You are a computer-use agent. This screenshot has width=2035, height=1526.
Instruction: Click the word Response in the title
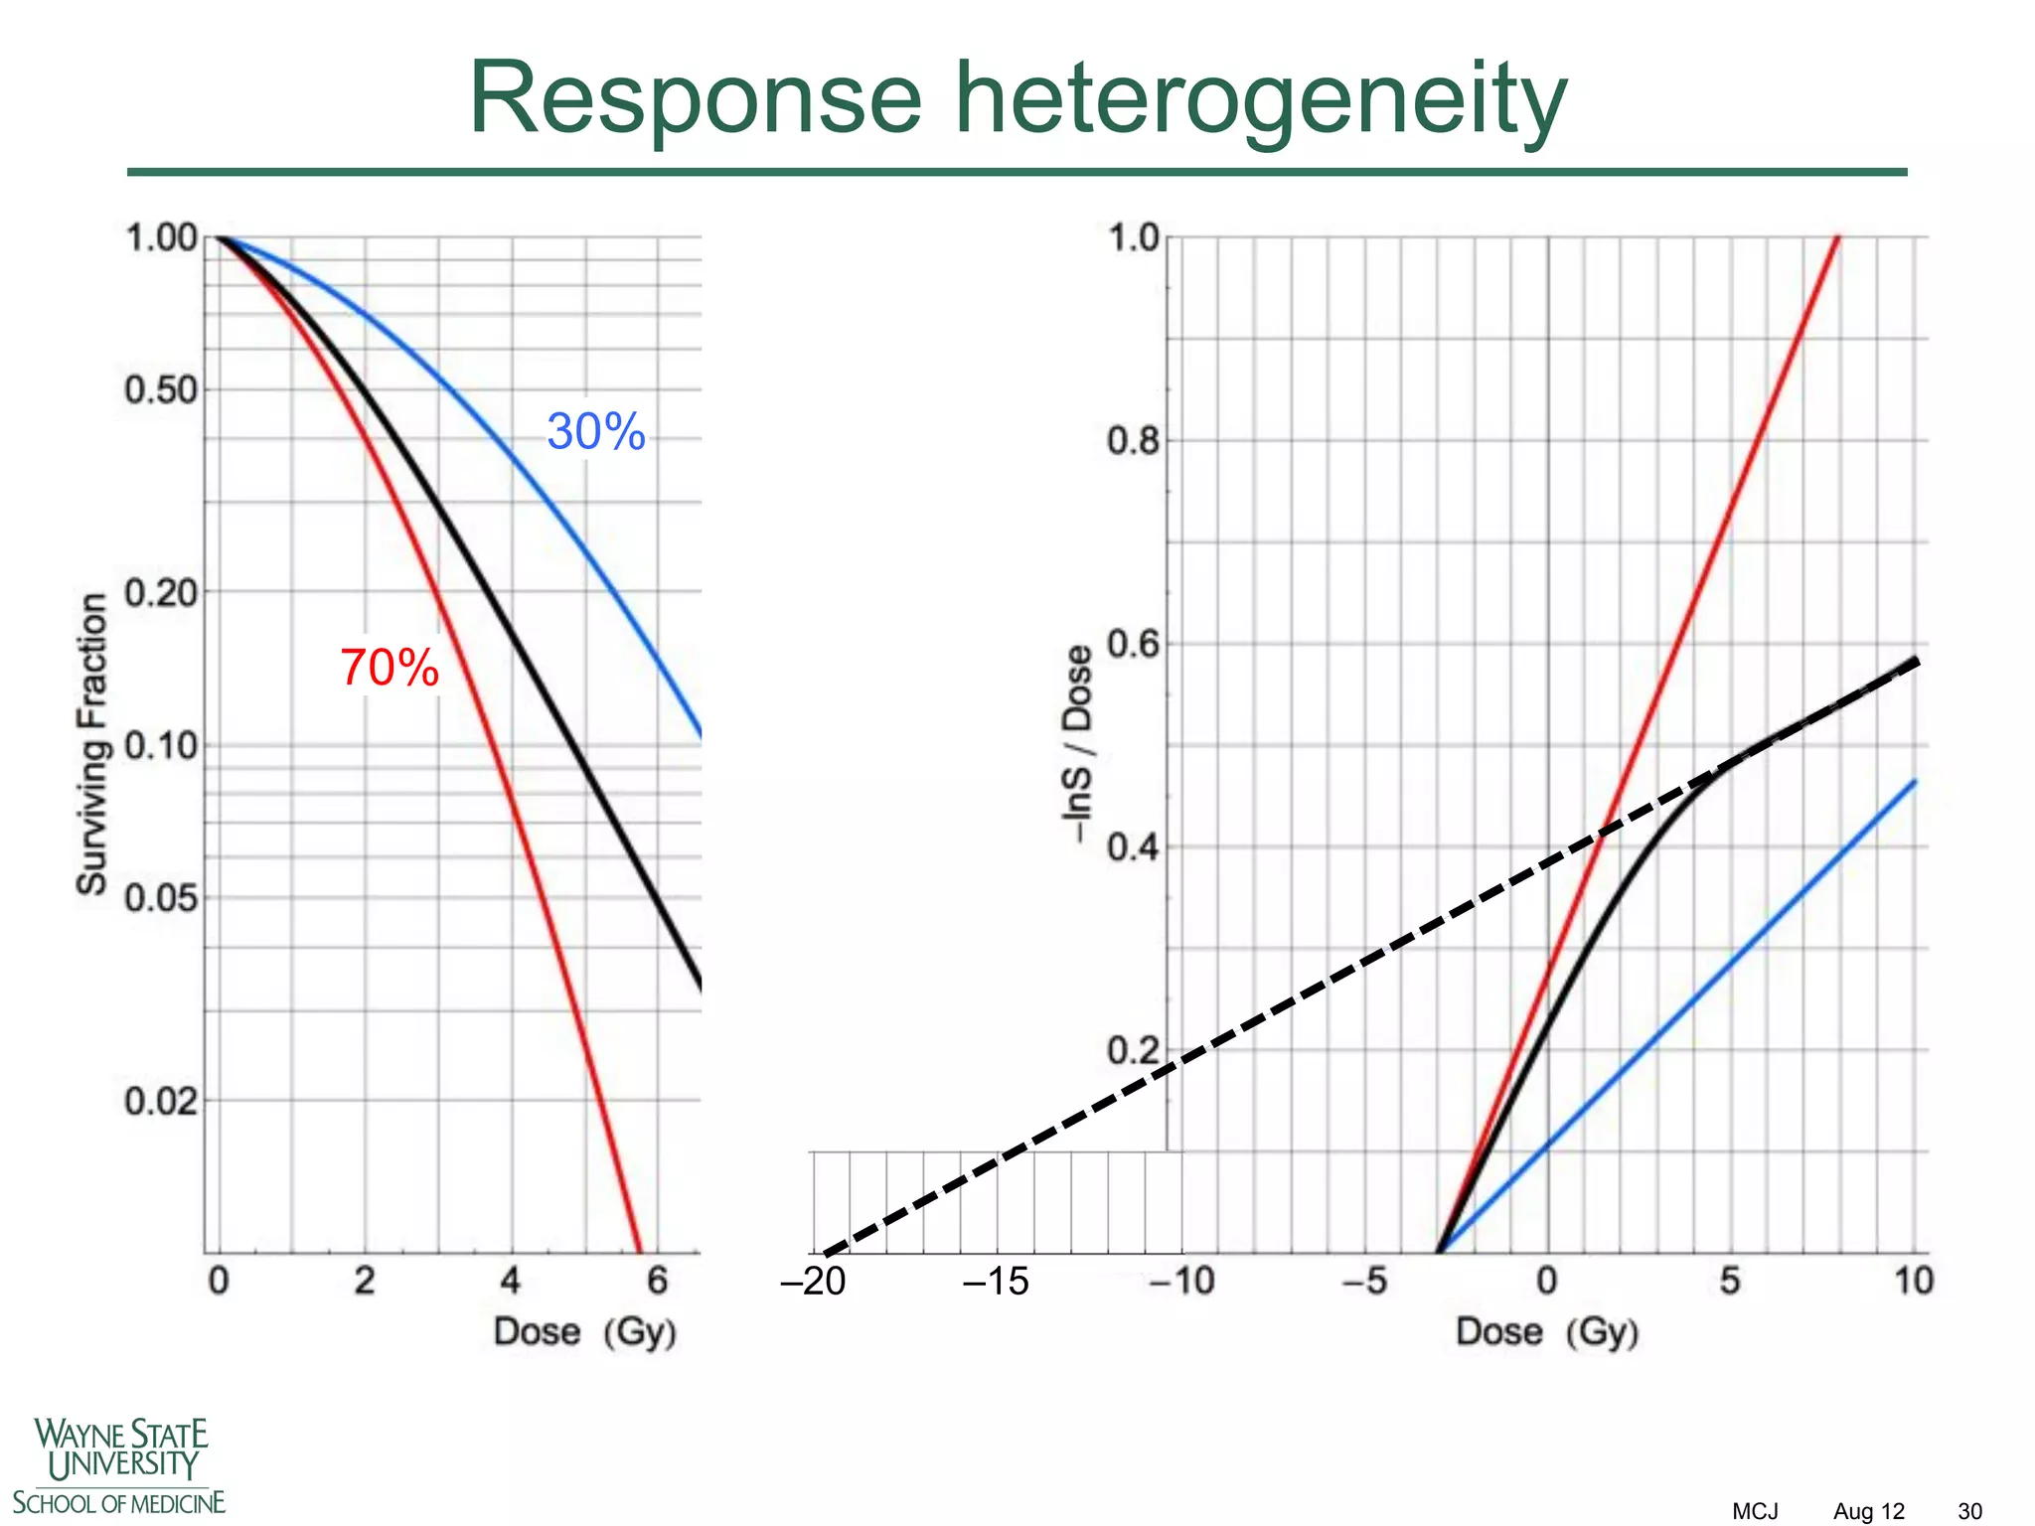(696, 99)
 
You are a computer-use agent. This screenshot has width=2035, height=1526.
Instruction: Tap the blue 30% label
(596, 432)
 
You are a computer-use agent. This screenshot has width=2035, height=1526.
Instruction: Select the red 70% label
(390, 668)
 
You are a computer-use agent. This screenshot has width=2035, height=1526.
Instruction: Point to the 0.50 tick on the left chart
(161, 390)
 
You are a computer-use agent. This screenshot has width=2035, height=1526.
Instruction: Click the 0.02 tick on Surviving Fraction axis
(161, 1101)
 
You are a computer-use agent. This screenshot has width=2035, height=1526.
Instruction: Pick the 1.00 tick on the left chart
(161, 238)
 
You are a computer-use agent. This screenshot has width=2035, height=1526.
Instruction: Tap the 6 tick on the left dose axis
(658, 1282)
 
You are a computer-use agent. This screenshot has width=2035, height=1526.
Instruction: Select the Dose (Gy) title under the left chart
(585, 1331)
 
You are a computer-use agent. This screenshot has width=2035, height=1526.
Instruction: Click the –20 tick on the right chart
(814, 1282)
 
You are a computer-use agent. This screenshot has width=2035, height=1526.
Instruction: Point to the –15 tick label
(996, 1282)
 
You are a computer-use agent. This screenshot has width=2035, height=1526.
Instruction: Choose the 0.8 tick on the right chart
(1133, 440)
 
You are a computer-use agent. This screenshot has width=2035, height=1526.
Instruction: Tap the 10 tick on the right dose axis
(1914, 1282)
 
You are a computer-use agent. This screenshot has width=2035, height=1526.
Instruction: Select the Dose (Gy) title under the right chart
(1547, 1331)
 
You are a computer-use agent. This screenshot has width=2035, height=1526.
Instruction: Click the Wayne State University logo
(119, 1465)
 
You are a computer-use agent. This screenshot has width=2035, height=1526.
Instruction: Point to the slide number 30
(1969, 1511)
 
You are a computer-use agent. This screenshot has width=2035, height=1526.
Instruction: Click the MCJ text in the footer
(1755, 1511)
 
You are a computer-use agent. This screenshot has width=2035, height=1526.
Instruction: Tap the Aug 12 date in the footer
(1869, 1511)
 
